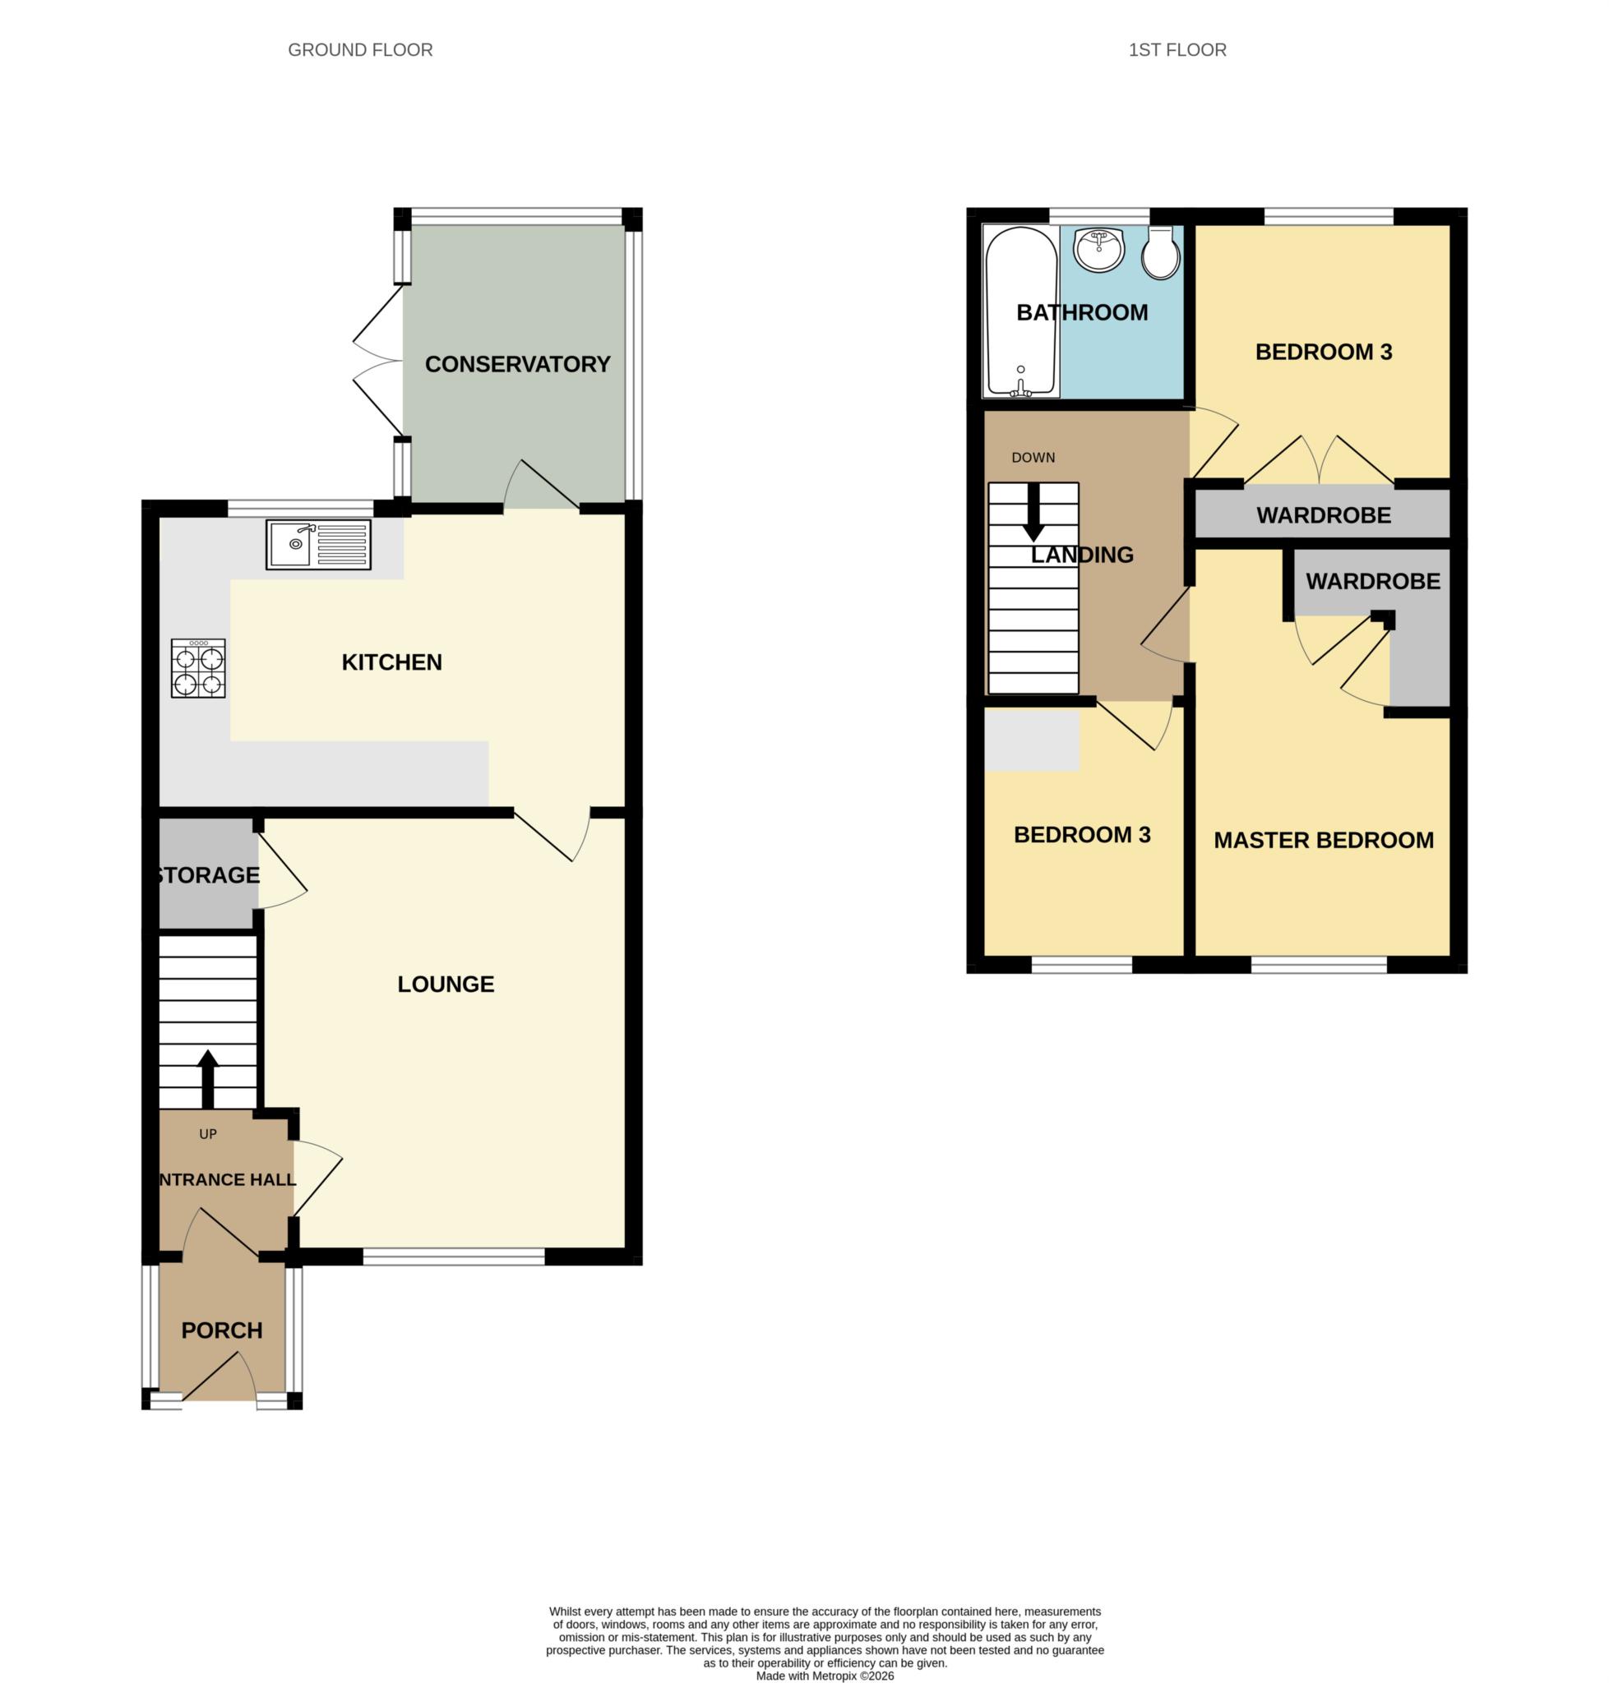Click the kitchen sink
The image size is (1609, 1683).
point(318,544)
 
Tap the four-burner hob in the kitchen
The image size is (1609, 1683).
point(198,668)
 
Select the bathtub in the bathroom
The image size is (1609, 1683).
point(1020,311)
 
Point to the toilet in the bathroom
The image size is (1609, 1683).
point(1160,252)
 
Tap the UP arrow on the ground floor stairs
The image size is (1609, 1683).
point(207,1077)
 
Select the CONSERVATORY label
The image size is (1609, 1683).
point(517,364)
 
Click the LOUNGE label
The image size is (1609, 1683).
point(445,984)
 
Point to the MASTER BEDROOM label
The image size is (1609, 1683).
point(1324,840)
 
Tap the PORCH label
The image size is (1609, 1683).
point(221,1330)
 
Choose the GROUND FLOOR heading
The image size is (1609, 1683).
point(360,51)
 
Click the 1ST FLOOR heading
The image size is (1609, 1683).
point(1177,51)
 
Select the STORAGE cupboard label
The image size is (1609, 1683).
point(207,875)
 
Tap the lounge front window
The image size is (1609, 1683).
point(454,1256)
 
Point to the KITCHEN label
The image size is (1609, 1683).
point(392,662)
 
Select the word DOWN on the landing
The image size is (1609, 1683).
point(1033,458)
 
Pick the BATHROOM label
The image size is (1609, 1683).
point(1081,313)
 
